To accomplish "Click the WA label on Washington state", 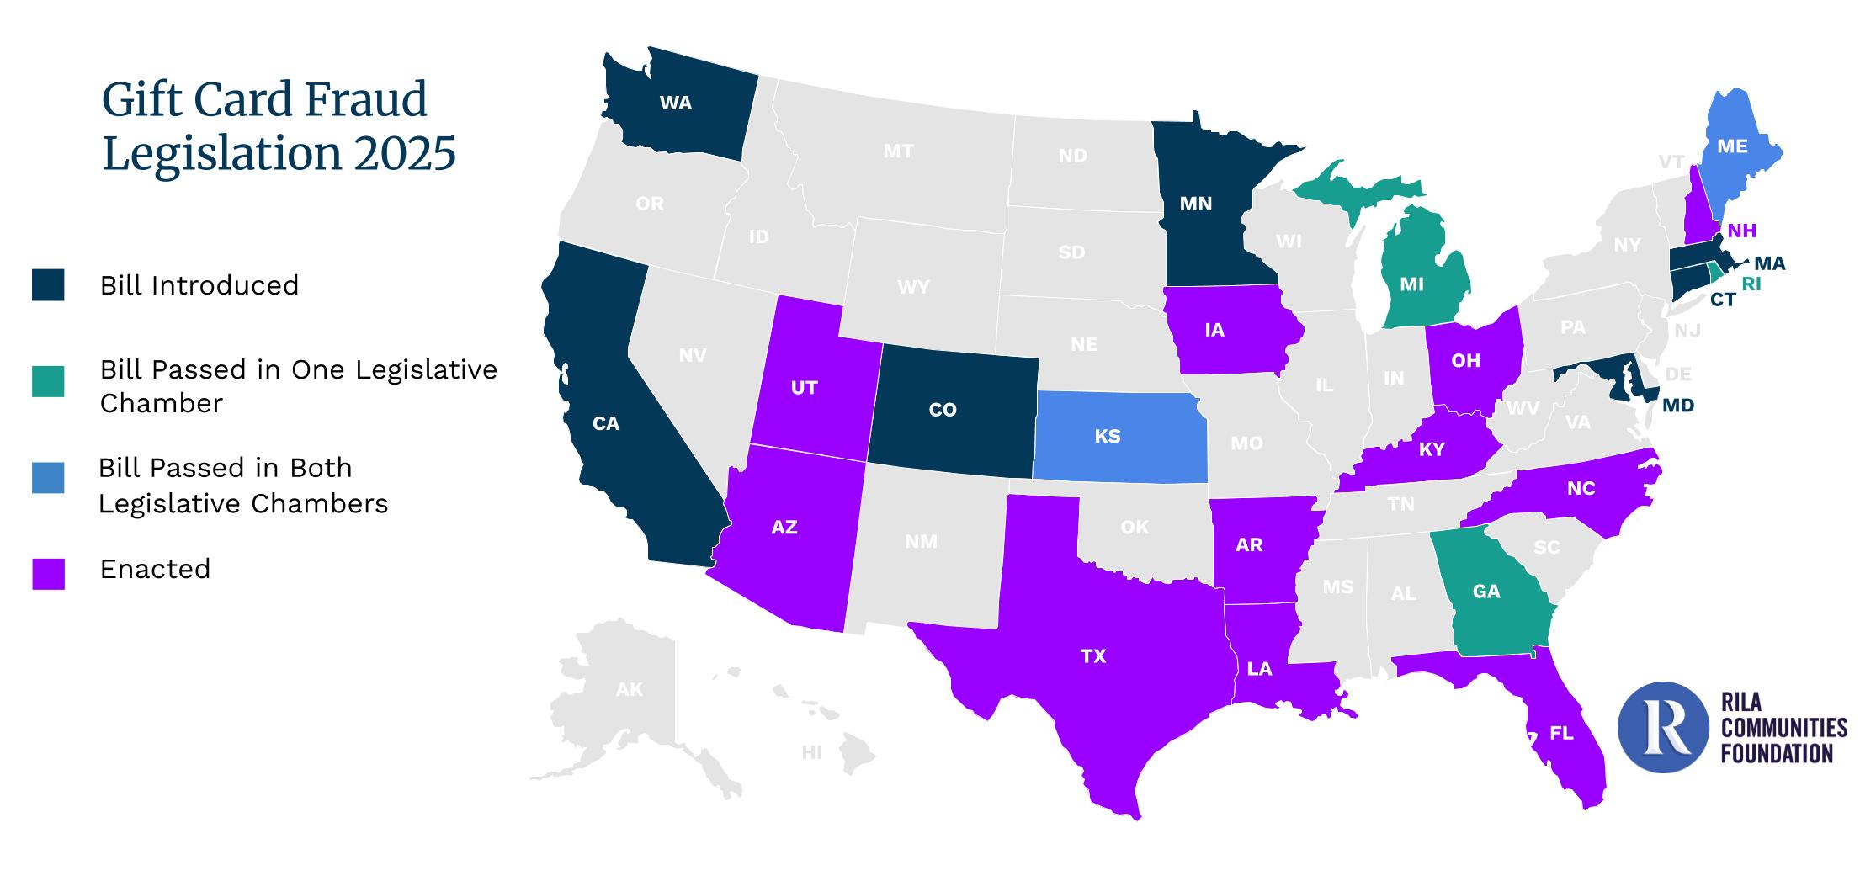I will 675,103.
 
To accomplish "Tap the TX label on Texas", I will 1092,656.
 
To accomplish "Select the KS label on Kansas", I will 1107,436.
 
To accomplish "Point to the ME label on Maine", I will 1731,146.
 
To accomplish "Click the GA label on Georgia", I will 1485,592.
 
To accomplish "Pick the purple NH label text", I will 1741,231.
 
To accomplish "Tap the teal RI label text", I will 1751,284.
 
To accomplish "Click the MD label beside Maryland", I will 1677,406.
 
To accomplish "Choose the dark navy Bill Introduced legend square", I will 48,285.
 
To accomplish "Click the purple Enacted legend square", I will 48,573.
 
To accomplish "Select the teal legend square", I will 48,381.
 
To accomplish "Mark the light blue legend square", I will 48,478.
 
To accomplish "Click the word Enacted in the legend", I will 155,570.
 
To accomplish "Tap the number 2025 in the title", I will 399,154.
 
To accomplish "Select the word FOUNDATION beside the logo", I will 1776,753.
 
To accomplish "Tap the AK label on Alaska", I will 629,690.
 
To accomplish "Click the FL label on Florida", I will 1560,734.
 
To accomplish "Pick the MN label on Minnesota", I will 1195,204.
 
